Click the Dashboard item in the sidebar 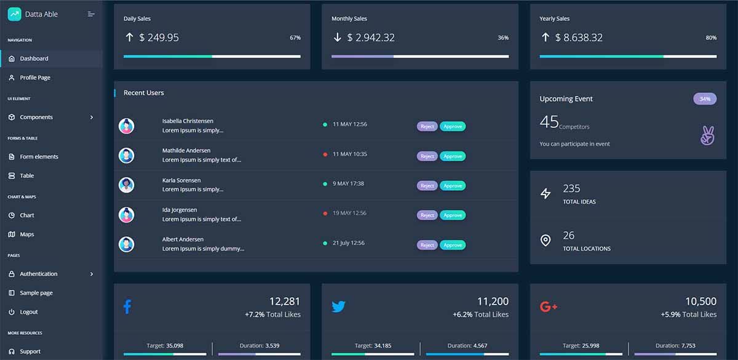coord(34,58)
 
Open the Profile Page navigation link coord(35,78)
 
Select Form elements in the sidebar coord(39,157)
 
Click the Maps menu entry coord(26,234)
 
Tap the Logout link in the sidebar coord(28,312)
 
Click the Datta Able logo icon coord(14,14)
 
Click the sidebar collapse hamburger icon coord(91,14)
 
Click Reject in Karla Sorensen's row coord(427,186)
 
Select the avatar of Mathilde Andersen coord(127,156)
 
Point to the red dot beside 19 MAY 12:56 coord(325,214)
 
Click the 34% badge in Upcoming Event coord(705,98)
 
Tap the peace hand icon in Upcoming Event coord(707,135)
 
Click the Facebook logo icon coord(127,306)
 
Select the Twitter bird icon coord(338,306)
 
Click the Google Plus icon coord(548,306)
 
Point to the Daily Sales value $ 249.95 coord(159,38)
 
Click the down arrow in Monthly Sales coord(337,38)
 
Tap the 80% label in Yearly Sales coord(711,38)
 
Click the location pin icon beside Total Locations coord(546,240)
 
